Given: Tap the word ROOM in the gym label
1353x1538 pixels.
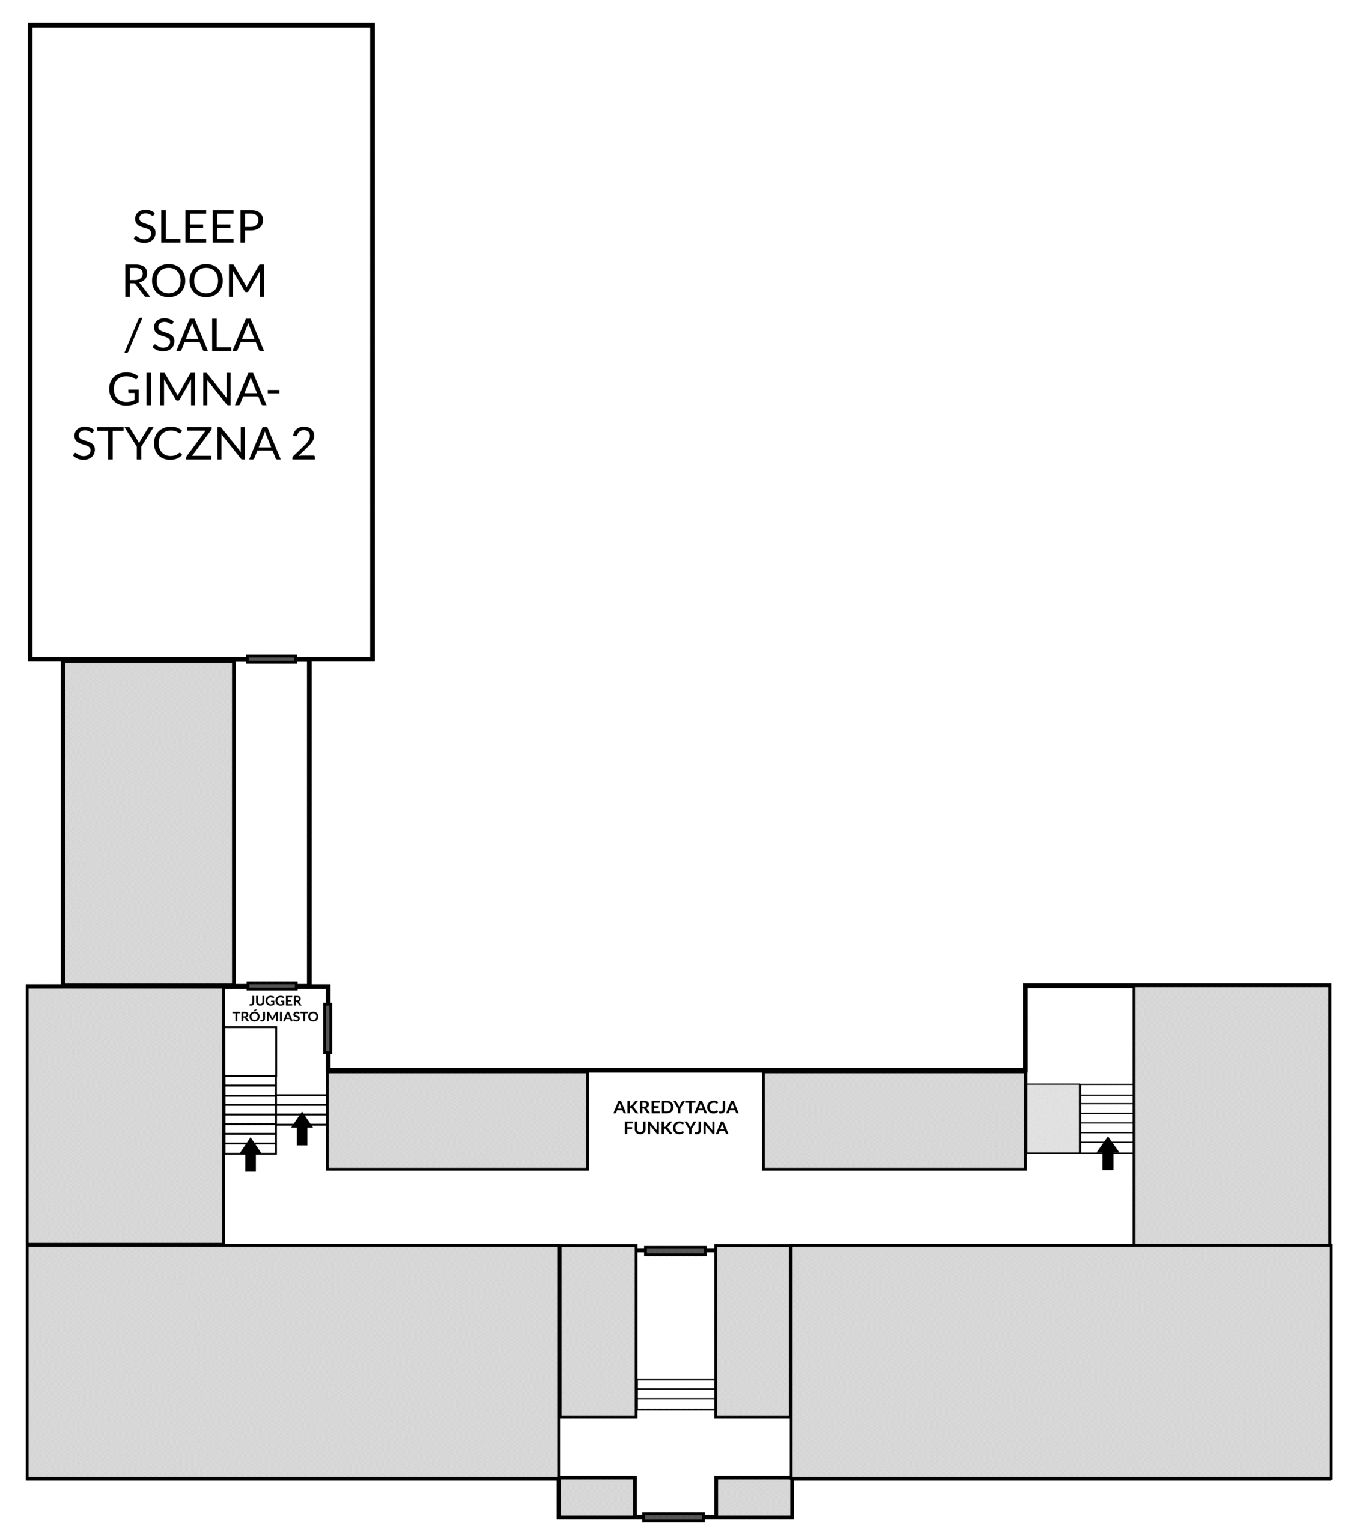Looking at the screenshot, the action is click(x=194, y=281).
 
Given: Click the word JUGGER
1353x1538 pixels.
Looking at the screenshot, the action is click(x=275, y=1001).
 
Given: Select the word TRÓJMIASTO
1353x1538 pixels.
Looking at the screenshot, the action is click(x=275, y=1017).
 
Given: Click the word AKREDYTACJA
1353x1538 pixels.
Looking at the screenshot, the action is click(x=676, y=1107).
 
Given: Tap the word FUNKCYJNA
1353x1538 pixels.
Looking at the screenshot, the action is click(x=676, y=1128).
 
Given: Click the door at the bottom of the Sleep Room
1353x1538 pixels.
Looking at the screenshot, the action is click(x=272, y=659).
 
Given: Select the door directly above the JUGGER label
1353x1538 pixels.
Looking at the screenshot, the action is click(x=272, y=986).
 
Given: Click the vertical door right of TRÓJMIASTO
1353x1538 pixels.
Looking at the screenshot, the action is click(x=328, y=1028).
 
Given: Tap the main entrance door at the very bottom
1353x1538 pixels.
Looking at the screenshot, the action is click(x=673, y=1517).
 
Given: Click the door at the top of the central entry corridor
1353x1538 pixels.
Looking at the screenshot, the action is click(x=675, y=1251).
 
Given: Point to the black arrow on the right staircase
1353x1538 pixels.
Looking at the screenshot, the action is click(x=1108, y=1153).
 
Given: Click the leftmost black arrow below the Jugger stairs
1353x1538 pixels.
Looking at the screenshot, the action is click(x=251, y=1154).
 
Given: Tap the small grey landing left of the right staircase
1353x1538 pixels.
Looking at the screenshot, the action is click(x=1053, y=1118).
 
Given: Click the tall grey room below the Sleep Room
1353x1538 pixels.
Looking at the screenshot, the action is click(x=148, y=822).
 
